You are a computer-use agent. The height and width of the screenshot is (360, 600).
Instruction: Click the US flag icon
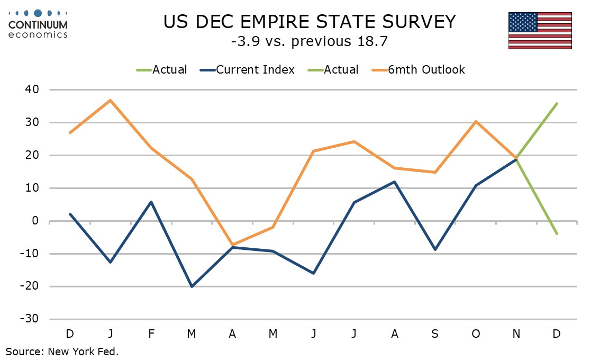point(540,30)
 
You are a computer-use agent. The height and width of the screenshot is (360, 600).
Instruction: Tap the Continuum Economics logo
point(38,23)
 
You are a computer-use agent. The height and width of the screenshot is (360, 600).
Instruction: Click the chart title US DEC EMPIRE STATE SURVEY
point(310,22)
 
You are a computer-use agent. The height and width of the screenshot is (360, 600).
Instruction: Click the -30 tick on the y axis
point(29,319)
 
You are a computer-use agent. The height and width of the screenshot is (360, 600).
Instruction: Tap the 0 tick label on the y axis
point(35,221)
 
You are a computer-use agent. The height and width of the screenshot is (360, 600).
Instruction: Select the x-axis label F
point(151,334)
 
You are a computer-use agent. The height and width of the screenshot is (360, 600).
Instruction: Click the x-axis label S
point(435,334)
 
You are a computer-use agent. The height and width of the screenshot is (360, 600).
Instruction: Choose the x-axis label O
point(476,334)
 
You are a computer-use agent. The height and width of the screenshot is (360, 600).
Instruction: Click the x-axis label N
point(516,334)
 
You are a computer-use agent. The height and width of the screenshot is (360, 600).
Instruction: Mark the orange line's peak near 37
point(111,100)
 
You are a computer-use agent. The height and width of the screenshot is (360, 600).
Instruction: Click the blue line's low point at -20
point(192,286)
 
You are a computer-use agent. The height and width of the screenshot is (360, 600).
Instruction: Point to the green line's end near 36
point(557,103)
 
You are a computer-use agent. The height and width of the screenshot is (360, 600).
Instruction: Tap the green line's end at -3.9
point(557,233)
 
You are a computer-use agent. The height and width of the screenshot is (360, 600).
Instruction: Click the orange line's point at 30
point(476,122)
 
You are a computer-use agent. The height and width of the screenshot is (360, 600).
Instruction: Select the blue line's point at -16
point(313,273)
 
